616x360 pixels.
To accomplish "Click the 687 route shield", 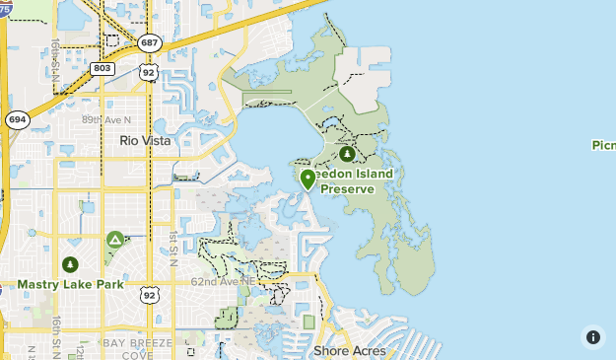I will [150, 42].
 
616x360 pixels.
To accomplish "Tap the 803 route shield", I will [102, 68].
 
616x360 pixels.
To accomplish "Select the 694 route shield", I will [17, 118].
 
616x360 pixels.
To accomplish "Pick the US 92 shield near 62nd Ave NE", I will [150, 294].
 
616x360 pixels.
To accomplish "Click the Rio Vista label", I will [145, 141].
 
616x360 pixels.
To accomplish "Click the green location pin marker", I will [308, 179].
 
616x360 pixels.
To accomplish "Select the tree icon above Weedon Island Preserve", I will [347, 154].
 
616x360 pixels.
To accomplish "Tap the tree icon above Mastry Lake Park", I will [69, 264].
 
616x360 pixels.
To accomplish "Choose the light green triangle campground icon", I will [115, 240].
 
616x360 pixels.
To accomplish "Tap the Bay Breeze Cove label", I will [138, 348].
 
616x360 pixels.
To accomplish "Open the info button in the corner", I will [593, 336].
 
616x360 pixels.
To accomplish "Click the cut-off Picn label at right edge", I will [603, 145].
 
